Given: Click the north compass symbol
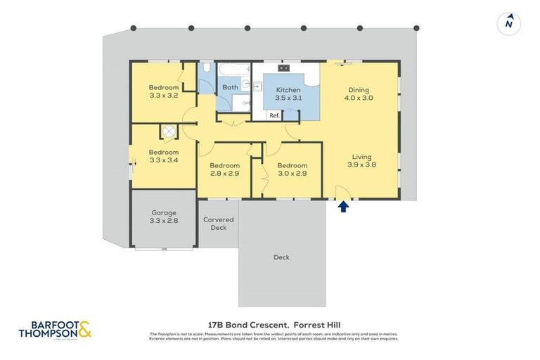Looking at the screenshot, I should click(508, 23).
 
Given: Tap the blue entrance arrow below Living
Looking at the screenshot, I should click(343, 207).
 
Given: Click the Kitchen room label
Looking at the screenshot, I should click(288, 94).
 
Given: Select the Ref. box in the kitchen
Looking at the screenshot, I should click(274, 115).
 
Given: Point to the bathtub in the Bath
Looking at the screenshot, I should click(231, 70).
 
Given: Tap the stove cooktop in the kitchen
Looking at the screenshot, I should click(284, 68).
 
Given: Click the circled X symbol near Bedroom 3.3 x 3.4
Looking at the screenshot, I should click(169, 131).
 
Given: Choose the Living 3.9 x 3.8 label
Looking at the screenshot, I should click(361, 161).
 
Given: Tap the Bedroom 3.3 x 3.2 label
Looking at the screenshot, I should click(163, 91).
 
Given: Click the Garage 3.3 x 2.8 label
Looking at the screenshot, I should click(163, 216).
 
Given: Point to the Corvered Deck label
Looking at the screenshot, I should click(218, 224).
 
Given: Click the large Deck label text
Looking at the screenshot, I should click(281, 257).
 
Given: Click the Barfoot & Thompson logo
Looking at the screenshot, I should click(56, 329).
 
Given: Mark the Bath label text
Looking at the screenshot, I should click(230, 87).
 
